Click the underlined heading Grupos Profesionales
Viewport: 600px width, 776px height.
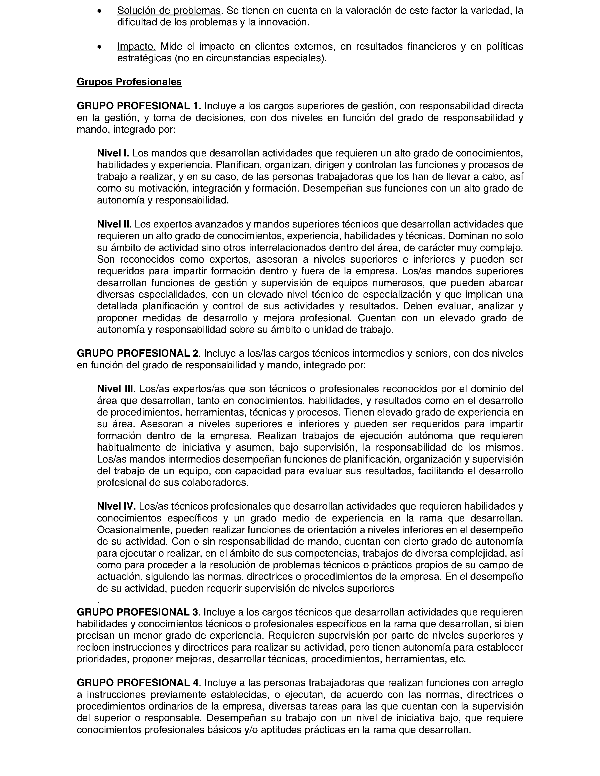tap(129, 82)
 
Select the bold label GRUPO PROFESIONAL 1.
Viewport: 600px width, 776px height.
tap(139, 106)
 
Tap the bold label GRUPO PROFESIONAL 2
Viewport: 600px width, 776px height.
tap(139, 353)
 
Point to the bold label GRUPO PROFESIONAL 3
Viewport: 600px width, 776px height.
tap(139, 612)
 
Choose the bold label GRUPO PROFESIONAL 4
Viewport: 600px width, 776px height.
tap(139, 683)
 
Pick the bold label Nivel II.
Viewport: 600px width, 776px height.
tap(114, 224)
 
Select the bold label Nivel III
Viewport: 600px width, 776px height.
tap(116, 389)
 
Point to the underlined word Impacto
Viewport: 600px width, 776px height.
tap(136, 46)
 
